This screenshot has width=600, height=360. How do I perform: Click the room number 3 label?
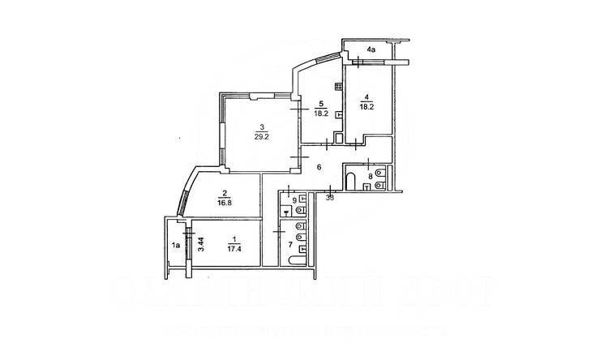click(261, 126)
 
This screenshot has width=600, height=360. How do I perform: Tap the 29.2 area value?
click(261, 136)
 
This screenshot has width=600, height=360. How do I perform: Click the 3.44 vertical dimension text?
click(200, 242)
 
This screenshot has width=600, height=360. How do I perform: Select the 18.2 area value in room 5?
click(321, 114)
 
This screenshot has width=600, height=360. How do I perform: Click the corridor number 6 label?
click(319, 167)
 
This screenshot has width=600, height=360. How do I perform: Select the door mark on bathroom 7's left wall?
click(277, 233)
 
